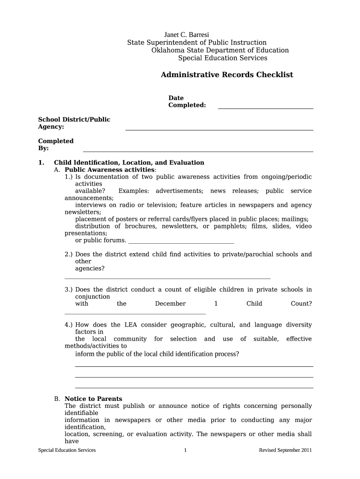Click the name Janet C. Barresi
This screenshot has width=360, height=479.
[x=187, y=35]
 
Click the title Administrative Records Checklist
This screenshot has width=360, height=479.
[x=227, y=75]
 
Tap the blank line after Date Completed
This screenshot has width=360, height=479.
[x=265, y=108]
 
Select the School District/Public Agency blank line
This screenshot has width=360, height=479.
[x=219, y=129]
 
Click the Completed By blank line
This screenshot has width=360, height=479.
[x=198, y=151]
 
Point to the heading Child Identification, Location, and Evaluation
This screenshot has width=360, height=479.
[x=129, y=163]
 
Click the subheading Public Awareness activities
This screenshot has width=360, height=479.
[x=109, y=170]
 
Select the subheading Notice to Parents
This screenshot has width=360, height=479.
[x=93, y=399]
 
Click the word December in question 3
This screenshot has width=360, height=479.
[x=170, y=304]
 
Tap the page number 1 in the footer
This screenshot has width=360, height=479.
[x=186, y=450]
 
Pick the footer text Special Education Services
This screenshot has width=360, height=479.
[x=67, y=450]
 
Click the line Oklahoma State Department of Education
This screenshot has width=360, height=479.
[x=220, y=51]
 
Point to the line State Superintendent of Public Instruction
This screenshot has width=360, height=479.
[x=197, y=43]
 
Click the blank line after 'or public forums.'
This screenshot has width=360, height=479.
[x=181, y=242]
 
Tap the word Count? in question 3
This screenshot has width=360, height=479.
[x=301, y=304]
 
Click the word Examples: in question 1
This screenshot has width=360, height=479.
[x=134, y=191]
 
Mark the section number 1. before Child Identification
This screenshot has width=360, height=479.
[x=41, y=163]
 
